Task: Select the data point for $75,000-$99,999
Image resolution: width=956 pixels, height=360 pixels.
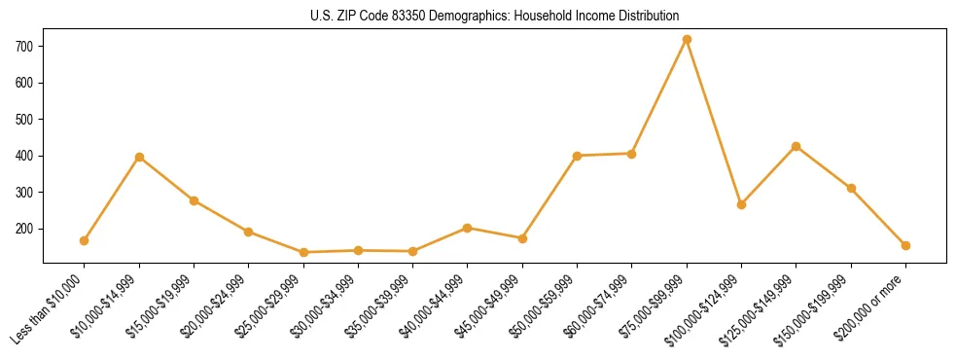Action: click(x=687, y=40)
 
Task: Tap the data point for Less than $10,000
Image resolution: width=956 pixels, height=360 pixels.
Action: click(x=85, y=240)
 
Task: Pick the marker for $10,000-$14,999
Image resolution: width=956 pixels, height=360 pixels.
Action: click(x=139, y=157)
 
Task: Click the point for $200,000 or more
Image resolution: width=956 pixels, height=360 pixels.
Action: click(x=905, y=245)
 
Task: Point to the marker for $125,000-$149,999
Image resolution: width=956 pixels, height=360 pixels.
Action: click(x=797, y=146)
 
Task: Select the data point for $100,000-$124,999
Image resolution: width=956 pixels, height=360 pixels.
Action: click(x=741, y=204)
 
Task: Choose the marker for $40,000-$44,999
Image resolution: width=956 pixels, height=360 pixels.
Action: click(x=468, y=228)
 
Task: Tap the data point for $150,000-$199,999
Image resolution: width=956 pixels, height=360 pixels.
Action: click(x=851, y=188)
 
